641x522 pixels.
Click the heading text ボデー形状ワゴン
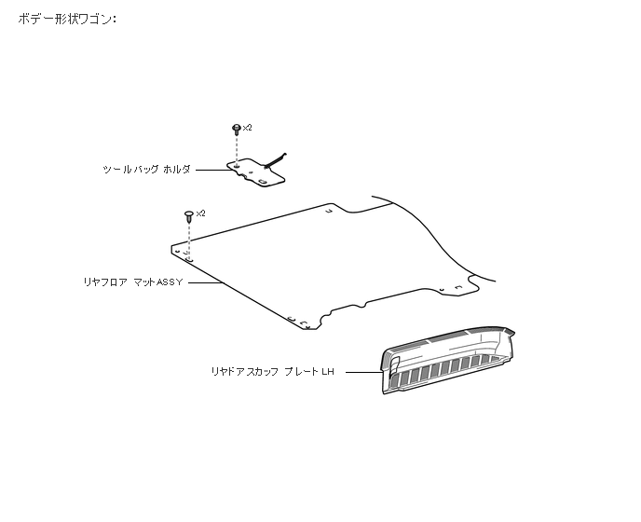coord(67,19)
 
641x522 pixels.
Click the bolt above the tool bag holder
coord(237,130)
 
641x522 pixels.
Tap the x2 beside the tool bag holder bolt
coord(247,127)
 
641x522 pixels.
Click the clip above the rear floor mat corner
coord(190,215)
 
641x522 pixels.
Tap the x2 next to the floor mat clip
coord(200,213)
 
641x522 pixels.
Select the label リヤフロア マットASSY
coord(133,281)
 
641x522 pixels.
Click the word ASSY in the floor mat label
coord(169,281)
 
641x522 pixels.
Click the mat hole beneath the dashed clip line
coord(188,252)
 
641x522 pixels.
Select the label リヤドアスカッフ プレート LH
coord(272,371)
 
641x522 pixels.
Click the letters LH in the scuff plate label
coord(327,371)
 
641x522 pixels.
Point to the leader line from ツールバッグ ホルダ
coord(212,170)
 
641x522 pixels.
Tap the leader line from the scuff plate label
coord(361,371)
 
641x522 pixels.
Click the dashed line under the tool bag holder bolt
coord(237,149)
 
